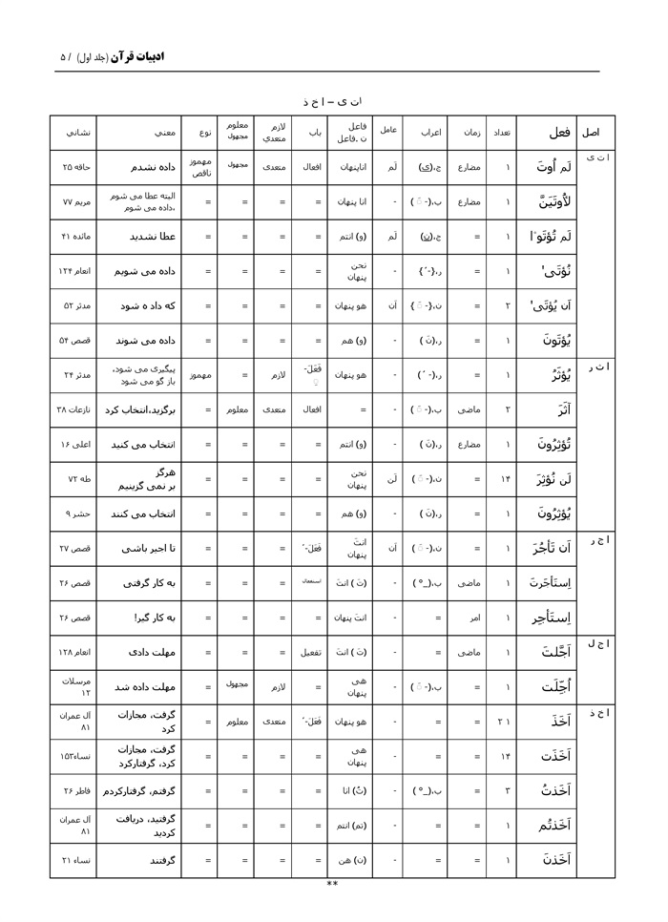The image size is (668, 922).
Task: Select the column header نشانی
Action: click(x=74, y=133)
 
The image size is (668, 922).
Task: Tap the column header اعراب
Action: click(x=425, y=133)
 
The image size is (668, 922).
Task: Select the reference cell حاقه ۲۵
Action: click(x=74, y=167)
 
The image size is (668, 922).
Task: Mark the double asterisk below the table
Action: click(x=332, y=884)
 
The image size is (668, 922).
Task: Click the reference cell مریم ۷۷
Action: click(x=74, y=202)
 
